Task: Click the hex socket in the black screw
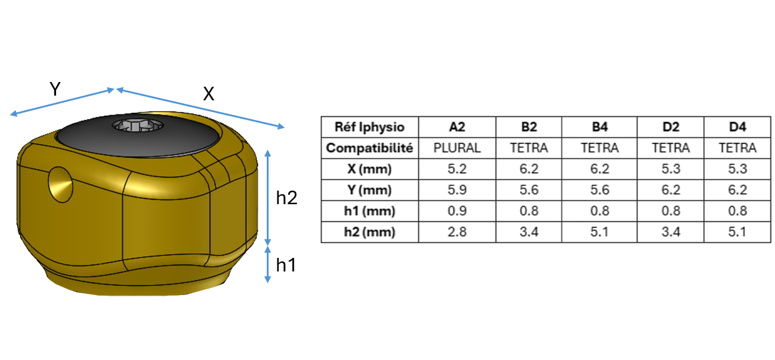tap(138, 125)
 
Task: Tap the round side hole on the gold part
tap(61, 185)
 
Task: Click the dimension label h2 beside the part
tap(286, 198)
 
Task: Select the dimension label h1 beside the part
tap(286, 265)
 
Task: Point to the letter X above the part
tap(208, 94)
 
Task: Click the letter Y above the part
tap(55, 89)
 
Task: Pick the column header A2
tap(457, 127)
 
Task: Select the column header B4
tap(600, 127)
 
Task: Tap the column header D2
tap(671, 127)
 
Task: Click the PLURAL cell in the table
tap(457, 148)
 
